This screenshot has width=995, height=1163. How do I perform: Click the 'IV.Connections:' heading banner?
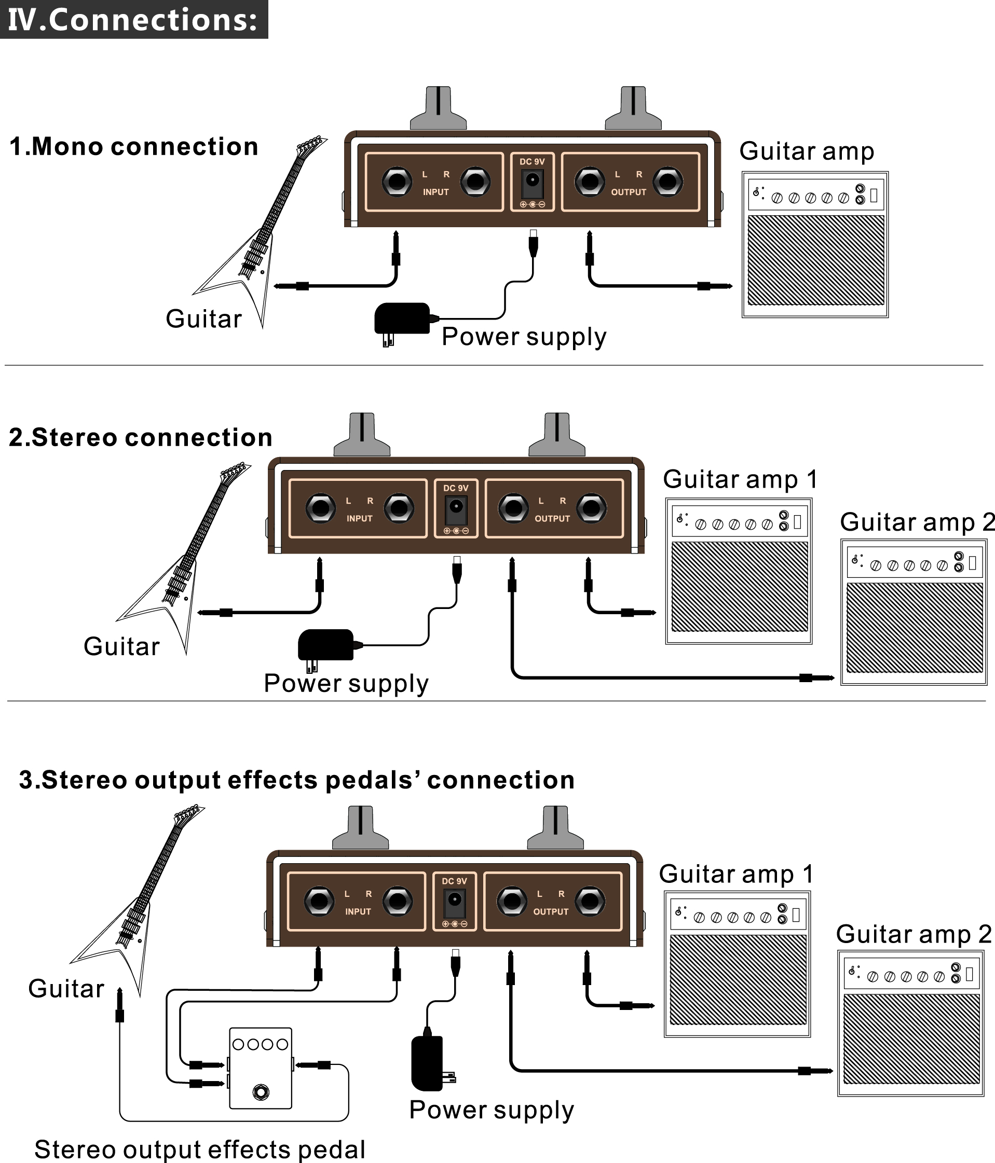point(133,20)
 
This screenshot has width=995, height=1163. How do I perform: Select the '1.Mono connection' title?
point(133,147)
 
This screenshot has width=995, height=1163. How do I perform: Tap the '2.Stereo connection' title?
point(140,438)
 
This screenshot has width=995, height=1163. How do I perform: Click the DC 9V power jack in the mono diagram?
point(533,182)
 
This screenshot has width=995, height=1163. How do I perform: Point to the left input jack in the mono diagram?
point(397,182)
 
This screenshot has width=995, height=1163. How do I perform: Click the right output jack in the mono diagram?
point(667,182)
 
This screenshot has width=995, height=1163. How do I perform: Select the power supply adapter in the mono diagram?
point(402,320)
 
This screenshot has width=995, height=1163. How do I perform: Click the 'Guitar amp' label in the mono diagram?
point(807,151)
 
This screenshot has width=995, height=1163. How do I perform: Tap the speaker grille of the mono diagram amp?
point(816,260)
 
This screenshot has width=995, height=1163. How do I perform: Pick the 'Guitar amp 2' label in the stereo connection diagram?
point(917,522)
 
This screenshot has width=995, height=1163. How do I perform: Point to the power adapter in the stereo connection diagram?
point(325,645)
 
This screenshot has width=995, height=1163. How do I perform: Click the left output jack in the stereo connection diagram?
point(513,508)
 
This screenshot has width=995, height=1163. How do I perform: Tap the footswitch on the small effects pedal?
point(261,1092)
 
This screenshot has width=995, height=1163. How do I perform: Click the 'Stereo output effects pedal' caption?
point(200,1149)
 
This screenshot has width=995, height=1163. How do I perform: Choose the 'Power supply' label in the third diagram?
point(492,1110)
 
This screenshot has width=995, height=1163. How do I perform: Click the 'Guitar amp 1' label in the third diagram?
point(735,875)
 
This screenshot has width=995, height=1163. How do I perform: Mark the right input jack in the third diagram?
point(398,902)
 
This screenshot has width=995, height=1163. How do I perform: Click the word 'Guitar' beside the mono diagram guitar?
point(204,319)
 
